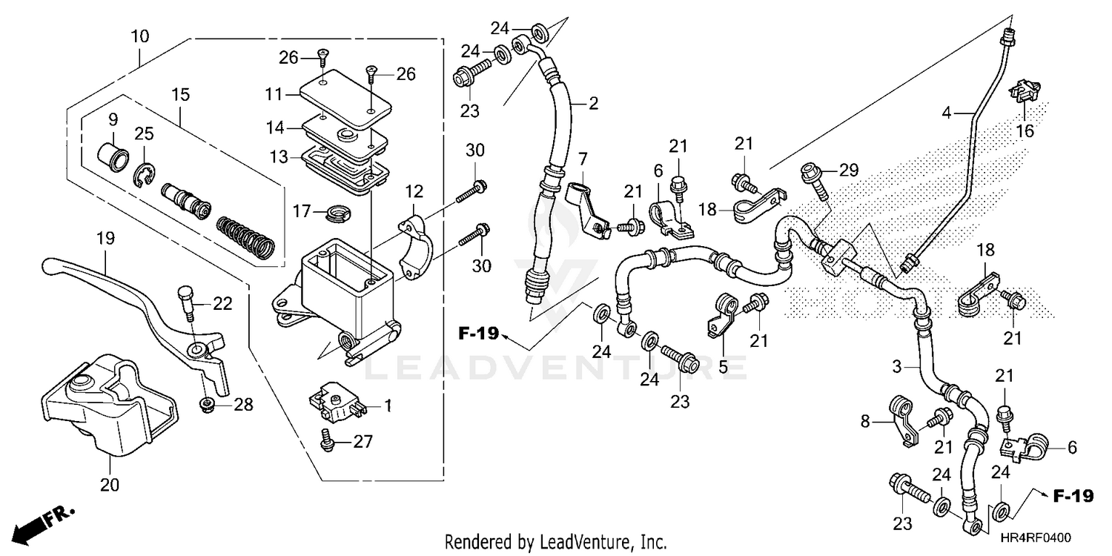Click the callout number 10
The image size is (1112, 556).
click(140, 36)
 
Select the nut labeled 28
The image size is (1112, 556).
click(208, 405)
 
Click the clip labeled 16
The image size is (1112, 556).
click(1025, 91)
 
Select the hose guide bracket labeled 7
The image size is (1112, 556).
click(586, 205)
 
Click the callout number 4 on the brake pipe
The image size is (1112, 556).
click(947, 113)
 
